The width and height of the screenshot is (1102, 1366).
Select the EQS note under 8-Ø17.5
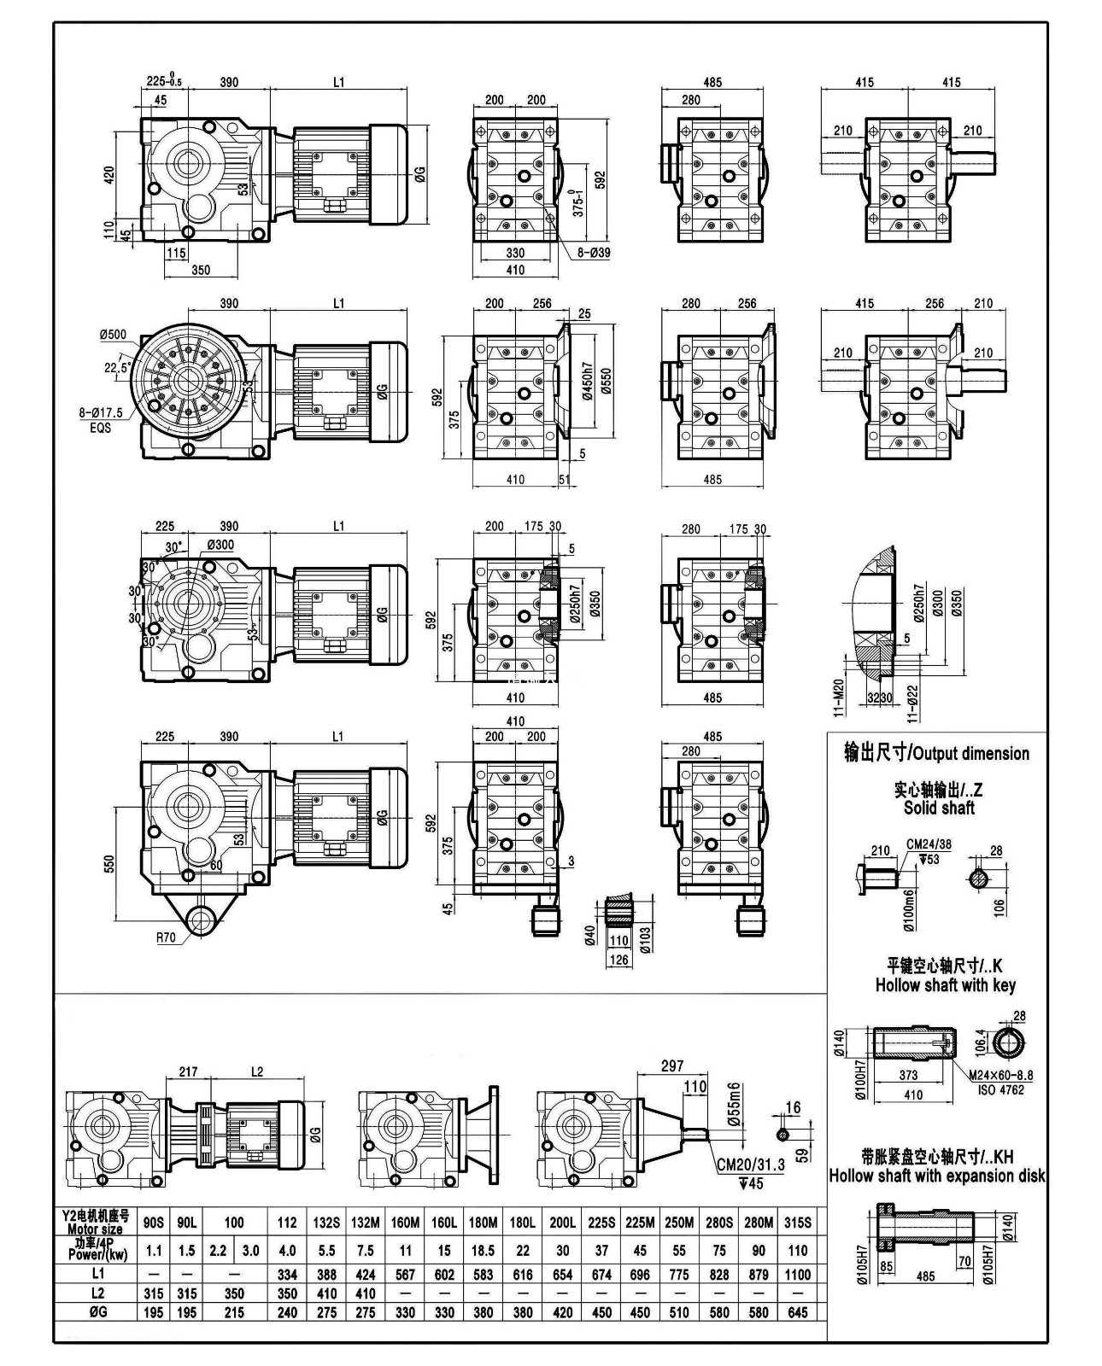pos(100,428)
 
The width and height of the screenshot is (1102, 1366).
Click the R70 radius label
pos(166,937)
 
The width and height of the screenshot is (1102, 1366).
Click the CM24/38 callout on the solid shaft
pos(928,845)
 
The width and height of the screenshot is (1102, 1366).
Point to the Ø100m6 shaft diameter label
pos(909,908)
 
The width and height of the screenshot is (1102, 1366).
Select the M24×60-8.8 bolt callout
pos(1001,1075)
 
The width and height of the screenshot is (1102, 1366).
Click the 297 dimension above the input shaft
pos(672,1065)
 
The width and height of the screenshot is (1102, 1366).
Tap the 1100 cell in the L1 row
pos(798,1274)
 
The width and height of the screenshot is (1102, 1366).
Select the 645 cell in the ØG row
pos(798,1311)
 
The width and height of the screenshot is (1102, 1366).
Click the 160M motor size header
pos(405,1223)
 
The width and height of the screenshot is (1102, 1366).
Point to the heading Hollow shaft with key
pos(945,985)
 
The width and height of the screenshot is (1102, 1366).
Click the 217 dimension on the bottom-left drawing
pos(188,1071)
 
